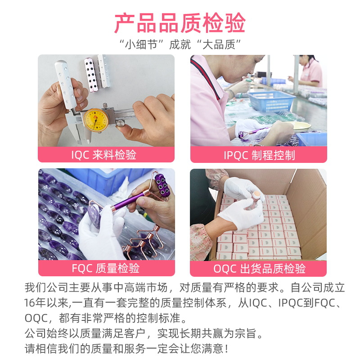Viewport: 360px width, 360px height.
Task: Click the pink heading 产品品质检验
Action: click(180, 22)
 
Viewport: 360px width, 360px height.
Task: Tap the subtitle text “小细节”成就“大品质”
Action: click(180, 45)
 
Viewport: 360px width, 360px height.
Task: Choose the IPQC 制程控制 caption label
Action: click(259, 155)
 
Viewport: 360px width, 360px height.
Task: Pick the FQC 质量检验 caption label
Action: click(106, 269)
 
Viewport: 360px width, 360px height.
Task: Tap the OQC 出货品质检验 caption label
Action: click(259, 269)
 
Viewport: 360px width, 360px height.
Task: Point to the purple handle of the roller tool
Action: click(126, 202)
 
